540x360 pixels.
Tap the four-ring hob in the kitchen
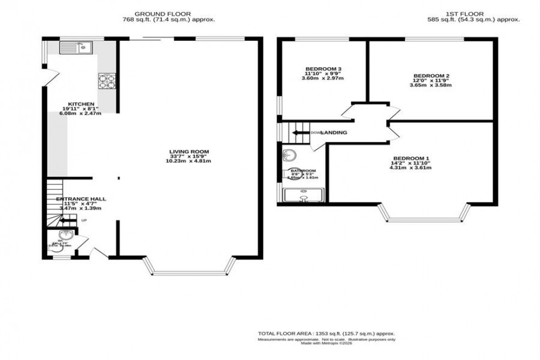107,81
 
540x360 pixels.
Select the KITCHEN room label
81,104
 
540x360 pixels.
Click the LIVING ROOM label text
190,152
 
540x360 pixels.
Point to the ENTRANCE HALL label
81,199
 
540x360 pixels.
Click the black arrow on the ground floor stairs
68,221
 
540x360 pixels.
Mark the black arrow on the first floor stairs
300,133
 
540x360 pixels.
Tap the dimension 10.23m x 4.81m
190,161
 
